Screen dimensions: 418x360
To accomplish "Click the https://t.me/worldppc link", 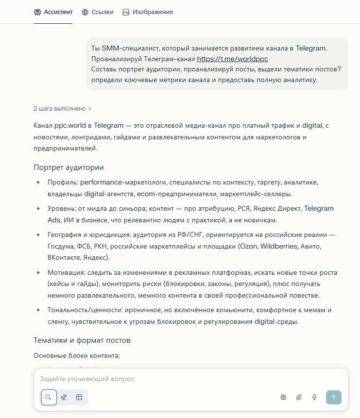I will (232, 59).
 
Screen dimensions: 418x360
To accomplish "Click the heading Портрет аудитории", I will (69, 167).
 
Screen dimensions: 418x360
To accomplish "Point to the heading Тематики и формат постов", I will (82, 340).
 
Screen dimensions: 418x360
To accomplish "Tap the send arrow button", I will (333, 397).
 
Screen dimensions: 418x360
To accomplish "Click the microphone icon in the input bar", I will (314, 397).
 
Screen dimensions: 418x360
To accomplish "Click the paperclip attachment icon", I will (299, 397).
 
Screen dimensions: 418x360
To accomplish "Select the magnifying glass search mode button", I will (49, 397).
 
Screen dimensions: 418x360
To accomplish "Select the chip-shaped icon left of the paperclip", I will (283, 397).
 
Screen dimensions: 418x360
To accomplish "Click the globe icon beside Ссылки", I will (85, 12).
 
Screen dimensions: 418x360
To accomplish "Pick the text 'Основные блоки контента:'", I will (76, 356).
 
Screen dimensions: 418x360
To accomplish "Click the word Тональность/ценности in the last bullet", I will (86, 310).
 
